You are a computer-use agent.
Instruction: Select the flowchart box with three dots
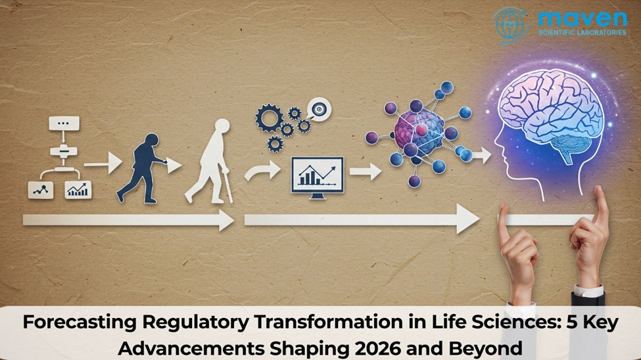point(63,124)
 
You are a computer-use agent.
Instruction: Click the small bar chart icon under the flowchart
point(78,190)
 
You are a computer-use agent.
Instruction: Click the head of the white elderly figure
point(222,127)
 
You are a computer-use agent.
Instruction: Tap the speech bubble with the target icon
point(320,110)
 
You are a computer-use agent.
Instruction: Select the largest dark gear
point(270,120)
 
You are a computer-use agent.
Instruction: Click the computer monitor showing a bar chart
point(317,176)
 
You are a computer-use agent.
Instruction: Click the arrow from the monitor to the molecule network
point(366,172)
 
